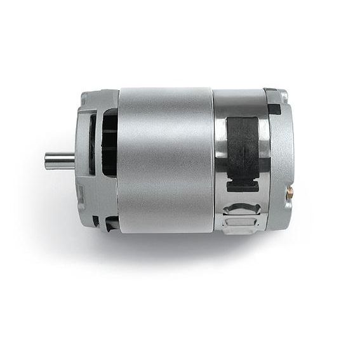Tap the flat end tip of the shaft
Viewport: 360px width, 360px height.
46,161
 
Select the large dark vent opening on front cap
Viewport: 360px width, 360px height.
109,143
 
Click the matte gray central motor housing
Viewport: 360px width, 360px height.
165,159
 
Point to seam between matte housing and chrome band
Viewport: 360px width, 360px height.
213,159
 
